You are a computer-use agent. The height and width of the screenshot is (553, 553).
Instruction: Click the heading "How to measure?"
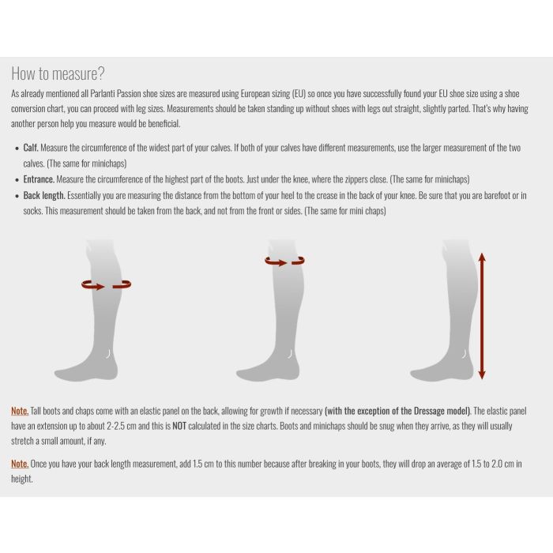tap(57, 73)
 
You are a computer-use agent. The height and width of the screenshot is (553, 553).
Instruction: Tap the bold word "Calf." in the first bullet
tap(31, 148)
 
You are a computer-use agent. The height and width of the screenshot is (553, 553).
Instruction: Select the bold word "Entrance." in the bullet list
tap(39, 179)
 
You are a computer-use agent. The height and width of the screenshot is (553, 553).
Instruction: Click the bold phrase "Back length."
tap(44, 195)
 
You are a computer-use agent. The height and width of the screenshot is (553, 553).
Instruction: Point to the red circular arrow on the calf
tap(106, 285)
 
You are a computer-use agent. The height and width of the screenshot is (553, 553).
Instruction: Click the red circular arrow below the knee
tap(284, 261)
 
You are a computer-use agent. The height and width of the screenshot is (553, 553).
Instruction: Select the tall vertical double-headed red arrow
tap(482, 315)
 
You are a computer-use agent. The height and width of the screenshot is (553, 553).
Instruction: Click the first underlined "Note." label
tap(20, 411)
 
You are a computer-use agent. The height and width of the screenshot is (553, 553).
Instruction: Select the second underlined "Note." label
tap(20, 464)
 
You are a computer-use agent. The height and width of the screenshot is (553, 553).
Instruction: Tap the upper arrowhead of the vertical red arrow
tap(482, 256)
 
